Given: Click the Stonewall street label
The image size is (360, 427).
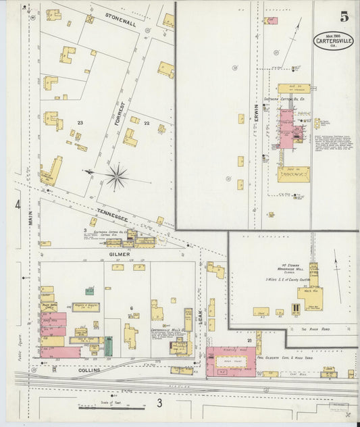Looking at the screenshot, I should point(120,23).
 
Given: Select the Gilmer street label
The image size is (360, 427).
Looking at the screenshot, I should point(118,254).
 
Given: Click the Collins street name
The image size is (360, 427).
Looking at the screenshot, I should point(88,370).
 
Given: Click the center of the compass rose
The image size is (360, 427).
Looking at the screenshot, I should point(117,177).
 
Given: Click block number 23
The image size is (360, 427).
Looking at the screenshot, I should point(80,122).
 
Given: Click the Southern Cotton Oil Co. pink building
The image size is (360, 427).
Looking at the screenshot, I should point(286,128).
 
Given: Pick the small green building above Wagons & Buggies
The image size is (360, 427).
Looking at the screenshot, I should point(89,291).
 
